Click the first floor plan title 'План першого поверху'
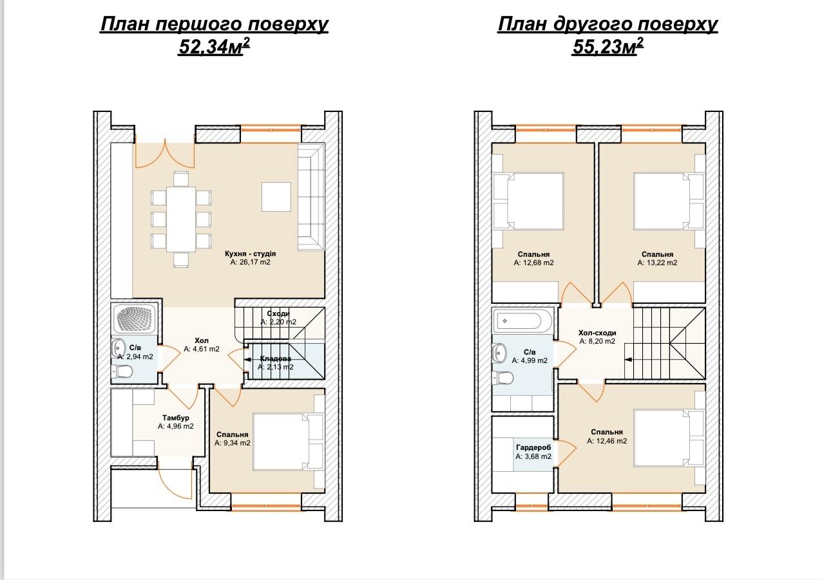click(215, 24)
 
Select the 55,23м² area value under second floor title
click(607, 46)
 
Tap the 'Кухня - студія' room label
click(250, 254)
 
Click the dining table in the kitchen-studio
click(181, 220)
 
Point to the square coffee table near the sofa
click(276, 197)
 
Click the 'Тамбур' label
click(176, 418)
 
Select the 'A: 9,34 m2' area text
click(233, 443)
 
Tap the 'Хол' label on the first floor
click(202, 341)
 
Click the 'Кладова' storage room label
click(275, 359)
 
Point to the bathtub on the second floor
click(522, 321)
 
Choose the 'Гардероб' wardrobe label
click(533, 447)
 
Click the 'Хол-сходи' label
click(597, 333)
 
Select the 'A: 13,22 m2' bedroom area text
click(657, 263)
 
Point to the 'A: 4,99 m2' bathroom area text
click(530, 360)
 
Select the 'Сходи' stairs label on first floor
click(278, 313)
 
